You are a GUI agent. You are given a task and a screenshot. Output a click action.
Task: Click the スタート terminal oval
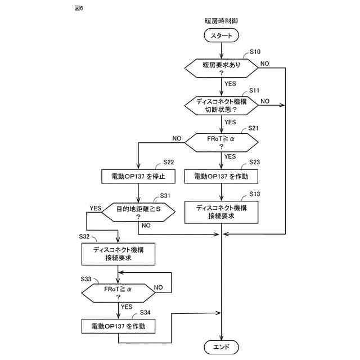coord(222,35)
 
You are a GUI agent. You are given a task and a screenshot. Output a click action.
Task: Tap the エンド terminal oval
coord(222,347)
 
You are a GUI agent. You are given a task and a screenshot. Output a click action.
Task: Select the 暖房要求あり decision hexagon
coord(222,69)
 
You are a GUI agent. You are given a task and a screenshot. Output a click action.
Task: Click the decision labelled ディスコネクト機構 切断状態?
coord(222,104)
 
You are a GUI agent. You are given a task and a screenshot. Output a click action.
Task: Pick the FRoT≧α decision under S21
coord(222,141)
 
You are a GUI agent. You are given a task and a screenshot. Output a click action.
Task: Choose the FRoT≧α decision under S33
coord(118,292)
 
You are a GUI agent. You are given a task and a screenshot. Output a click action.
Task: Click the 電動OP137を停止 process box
coord(138,176)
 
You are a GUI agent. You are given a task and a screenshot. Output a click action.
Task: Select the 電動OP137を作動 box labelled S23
coord(222,176)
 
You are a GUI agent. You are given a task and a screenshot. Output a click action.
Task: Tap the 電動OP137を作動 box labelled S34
coord(118,326)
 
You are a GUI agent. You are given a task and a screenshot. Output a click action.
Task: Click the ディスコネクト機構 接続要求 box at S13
coord(222,211)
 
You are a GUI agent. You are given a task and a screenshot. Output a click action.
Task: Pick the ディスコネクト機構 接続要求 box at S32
coord(118,254)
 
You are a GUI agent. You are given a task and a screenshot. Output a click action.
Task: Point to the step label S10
coord(254,52)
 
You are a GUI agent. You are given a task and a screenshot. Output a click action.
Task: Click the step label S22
coord(169,163)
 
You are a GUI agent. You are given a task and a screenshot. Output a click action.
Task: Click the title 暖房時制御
coord(222,21)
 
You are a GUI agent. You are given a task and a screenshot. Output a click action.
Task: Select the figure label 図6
coord(62,8)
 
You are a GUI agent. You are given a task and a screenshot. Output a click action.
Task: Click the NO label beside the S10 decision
coord(264,64)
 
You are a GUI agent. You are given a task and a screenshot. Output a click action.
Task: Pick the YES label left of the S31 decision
coord(95,208)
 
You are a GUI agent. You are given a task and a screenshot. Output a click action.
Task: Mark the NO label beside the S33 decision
coord(159,287)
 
